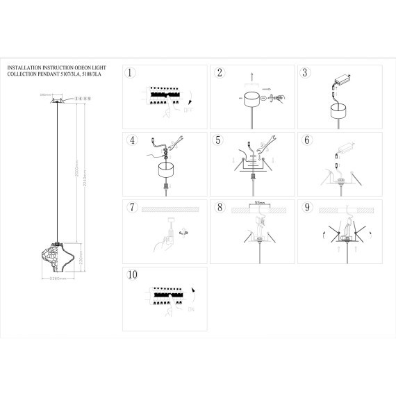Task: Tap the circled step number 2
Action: tap(219, 72)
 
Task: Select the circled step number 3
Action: tap(304, 72)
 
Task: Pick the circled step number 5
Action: tap(219, 140)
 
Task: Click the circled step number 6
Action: tap(304, 140)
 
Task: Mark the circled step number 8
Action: tap(219, 207)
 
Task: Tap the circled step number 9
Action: tap(304, 207)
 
